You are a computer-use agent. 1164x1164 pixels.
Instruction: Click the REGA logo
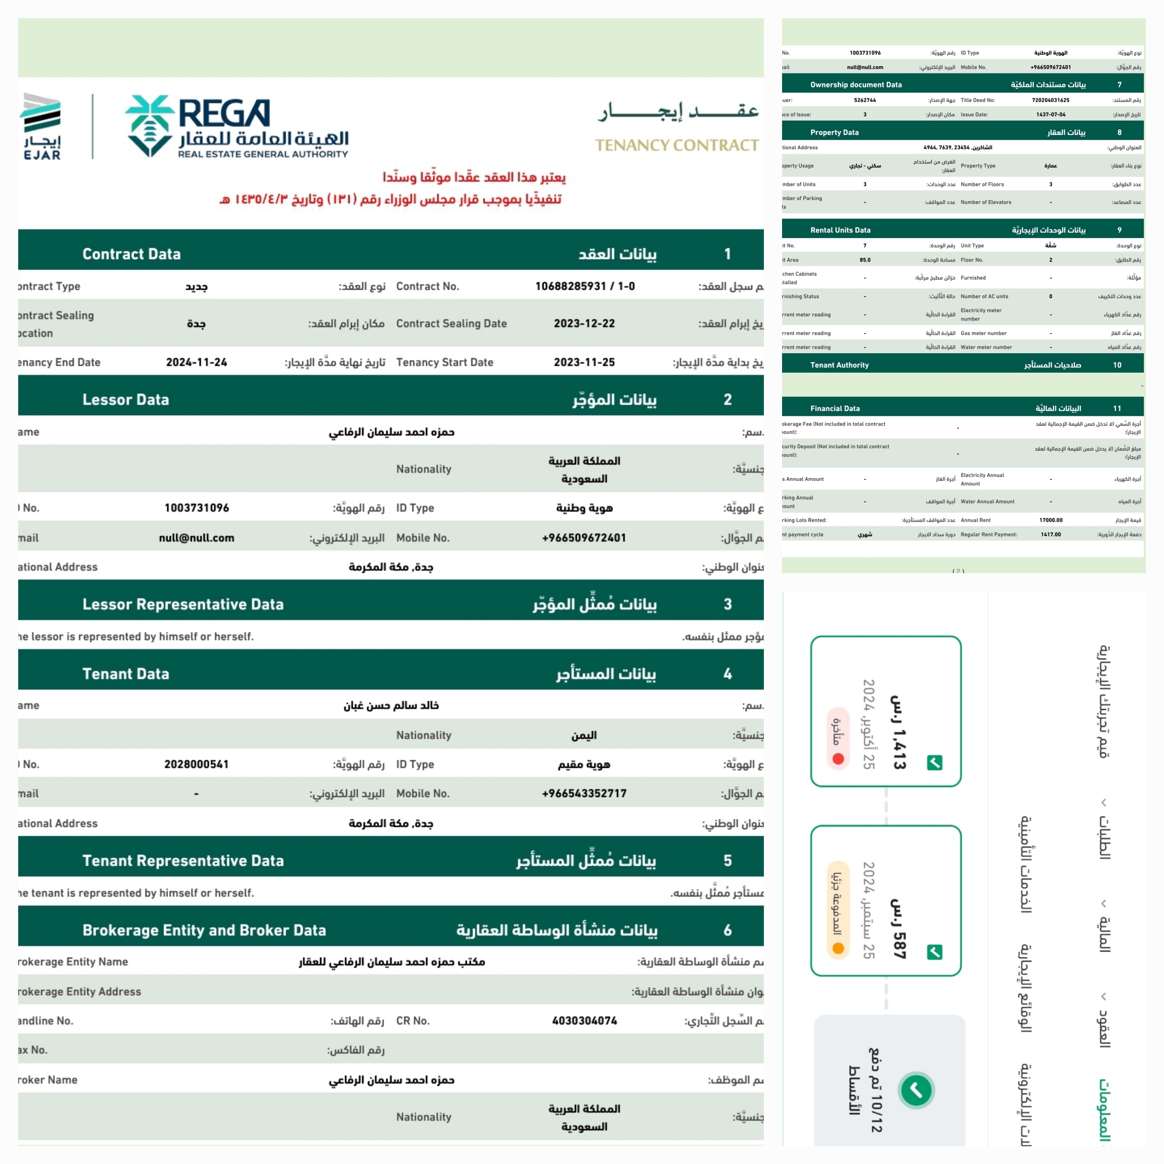click(x=236, y=127)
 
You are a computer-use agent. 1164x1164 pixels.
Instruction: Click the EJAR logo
click(x=41, y=127)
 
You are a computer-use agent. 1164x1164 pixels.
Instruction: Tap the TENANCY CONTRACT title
click(x=676, y=145)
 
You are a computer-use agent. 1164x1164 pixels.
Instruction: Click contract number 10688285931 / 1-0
click(x=584, y=286)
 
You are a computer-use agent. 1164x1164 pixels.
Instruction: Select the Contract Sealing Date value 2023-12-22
click(x=584, y=323)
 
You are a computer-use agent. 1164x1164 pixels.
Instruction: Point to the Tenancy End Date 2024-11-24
click(x=196, y=362)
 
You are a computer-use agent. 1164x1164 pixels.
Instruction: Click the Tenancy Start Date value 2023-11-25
click(x=584, y=362)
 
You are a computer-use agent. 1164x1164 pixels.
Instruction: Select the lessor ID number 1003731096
click(x=196, y=508)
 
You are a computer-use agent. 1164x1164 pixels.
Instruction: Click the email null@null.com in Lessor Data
click(x=196, y=538)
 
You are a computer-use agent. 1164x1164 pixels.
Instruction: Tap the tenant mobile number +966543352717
click(x=584, y=793)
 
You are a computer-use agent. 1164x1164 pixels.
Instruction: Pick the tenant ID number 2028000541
click(x=196, y=764)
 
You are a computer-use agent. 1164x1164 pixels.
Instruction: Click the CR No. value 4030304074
click(x=584, y=1021)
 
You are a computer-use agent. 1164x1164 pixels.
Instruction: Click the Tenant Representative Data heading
click(x=183, y=860)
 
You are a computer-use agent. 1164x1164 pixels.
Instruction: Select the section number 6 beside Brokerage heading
click(x=727, y=930)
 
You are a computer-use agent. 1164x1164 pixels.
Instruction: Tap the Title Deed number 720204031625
click(x=1050, y=100)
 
